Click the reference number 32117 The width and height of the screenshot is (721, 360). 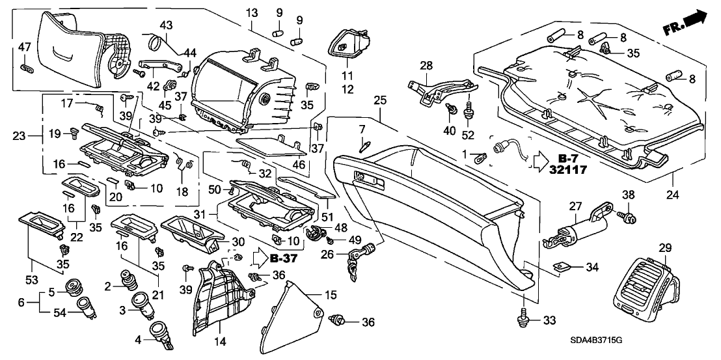pos(569,170)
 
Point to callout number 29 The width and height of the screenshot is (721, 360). pos(664,247)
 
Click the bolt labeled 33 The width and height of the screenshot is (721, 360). pos(524,318)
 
